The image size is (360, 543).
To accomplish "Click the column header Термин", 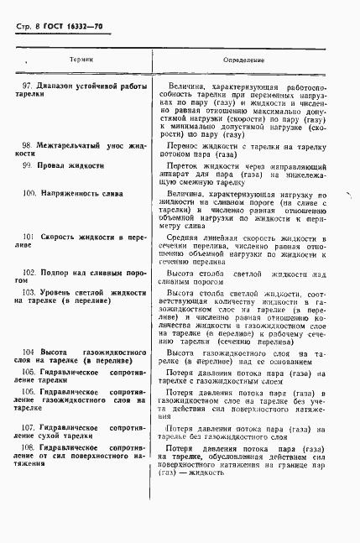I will click(81, 60).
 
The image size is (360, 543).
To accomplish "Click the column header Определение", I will click(244, 61).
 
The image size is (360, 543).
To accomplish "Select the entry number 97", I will click(27, 86).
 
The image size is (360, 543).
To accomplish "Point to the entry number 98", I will click(27, 145).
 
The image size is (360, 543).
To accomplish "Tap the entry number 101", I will click(28, 238).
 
